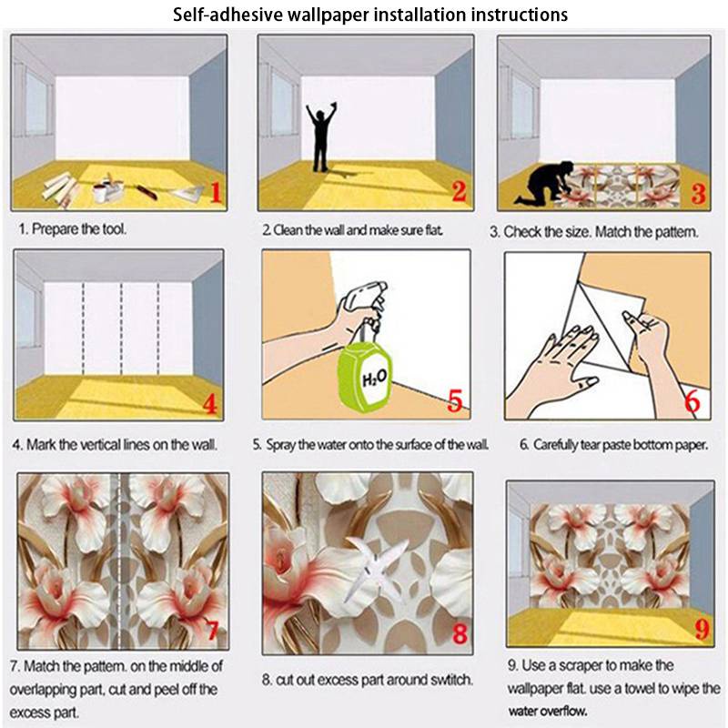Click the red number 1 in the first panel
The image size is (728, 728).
(x=216, y=192)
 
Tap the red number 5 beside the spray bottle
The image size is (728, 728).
(x=455, y=400)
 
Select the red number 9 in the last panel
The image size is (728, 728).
(x=703, y=630)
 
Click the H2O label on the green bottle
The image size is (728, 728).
(x=374, y=379)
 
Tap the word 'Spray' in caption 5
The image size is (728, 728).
(x=280, y=445)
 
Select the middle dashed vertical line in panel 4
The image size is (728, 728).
(x=121, y=328)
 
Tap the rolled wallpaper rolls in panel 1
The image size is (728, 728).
(x=59, y=187)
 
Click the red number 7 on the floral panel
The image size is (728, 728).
(x=213, y=631)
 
